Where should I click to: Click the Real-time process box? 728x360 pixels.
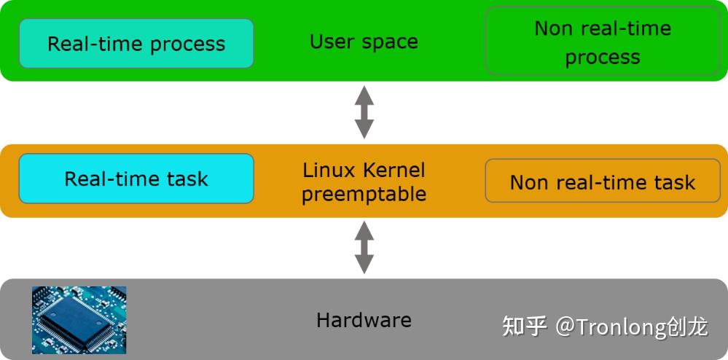[136, 44]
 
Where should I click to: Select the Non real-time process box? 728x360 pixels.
[602, 42]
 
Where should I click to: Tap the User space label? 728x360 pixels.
[364, 42]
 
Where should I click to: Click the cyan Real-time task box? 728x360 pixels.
[136, 179]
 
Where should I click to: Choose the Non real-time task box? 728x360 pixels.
[602, 181]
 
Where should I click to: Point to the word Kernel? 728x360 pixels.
[394, 171]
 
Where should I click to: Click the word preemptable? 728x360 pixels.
[364, 195]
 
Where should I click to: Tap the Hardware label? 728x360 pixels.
[364, 319]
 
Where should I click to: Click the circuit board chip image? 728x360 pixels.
[79, 319]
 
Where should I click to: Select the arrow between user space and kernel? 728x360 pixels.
[364, 111]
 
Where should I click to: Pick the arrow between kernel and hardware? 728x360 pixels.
[364, 247]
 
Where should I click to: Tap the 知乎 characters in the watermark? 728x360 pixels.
[525, 326]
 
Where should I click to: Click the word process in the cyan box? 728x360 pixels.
[188, 44]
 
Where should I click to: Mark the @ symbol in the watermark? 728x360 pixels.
[565, 326]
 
